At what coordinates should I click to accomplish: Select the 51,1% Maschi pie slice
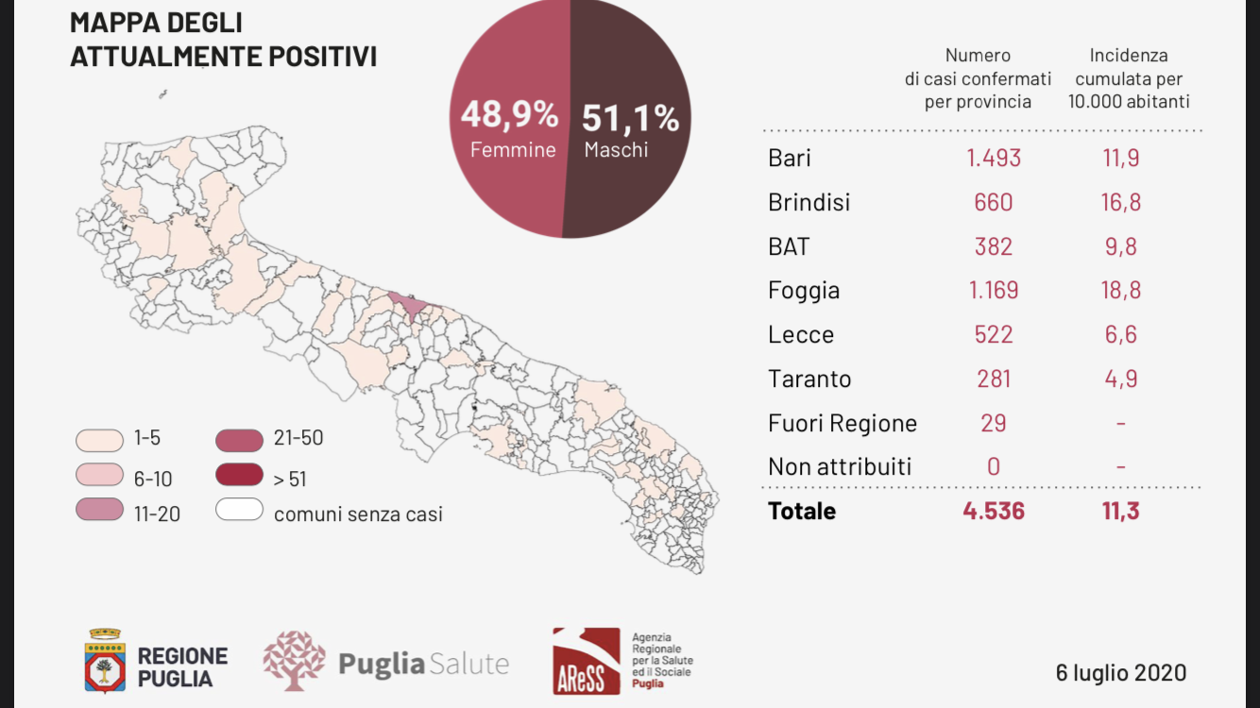pos(630,118)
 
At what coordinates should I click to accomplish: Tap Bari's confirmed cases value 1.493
pos(994,158)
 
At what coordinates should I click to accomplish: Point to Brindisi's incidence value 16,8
pos(1120,202)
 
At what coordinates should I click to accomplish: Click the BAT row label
pos(789,246)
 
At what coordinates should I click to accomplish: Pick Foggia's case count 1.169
pos(994,290)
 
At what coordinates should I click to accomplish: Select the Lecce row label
pos(801,334)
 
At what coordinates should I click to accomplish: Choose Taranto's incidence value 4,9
pos(1120,379)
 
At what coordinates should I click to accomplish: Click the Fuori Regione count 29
pos(994,423)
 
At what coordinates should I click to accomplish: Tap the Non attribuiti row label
pos(840,466)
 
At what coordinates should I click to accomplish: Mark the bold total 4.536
pos(994,511)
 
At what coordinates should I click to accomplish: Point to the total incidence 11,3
pos(1120,511)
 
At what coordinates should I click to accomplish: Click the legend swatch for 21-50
pos(239,440)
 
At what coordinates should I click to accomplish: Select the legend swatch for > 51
pos(239,475)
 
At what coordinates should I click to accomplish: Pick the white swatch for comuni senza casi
pos(239,510)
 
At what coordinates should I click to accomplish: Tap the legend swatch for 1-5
pos(99,440)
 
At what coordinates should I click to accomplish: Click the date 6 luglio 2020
pos(1121,672)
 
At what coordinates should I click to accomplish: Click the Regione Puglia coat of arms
pos(105,661)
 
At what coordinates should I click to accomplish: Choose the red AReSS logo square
pos(587,662)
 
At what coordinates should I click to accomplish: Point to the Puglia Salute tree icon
pos(294,661)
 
